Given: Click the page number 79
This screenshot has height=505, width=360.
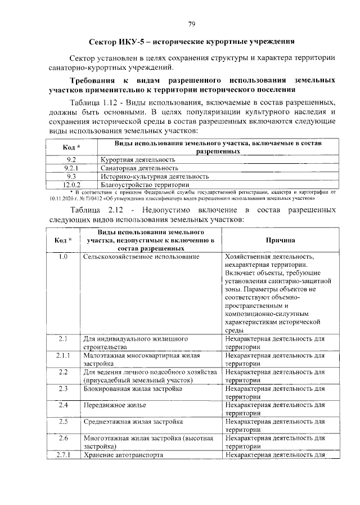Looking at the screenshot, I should tap(191, 24).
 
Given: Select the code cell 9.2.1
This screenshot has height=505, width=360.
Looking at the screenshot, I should tap(71, 168).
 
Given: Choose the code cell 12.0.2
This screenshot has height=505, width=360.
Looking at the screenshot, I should tap(71, 184).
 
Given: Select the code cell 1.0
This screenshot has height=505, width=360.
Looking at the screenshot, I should tap(63, 257).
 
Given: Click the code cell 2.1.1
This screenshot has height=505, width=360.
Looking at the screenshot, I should tap(63, 355).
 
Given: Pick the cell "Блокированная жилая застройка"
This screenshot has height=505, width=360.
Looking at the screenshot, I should tap(133, 388).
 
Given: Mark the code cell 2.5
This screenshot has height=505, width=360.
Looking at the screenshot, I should tap(63, 421).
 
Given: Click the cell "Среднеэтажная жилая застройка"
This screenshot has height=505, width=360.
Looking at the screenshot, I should tap(133, 421).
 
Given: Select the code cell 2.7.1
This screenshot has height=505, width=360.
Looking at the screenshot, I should tap(63, 454).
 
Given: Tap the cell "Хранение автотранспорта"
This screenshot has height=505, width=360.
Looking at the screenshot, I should tap(123, 454).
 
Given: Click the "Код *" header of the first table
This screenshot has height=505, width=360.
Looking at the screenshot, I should tap(71, 148).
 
